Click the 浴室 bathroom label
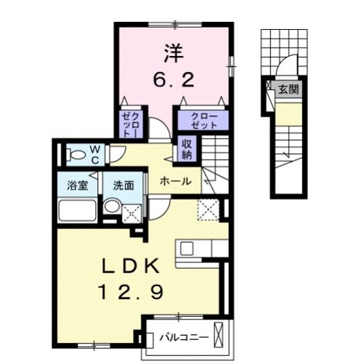(78, 185)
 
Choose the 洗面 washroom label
(124, 185)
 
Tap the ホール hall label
(176, 181)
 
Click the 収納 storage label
(186, 148)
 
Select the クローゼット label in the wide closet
(200, 118)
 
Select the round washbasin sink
(111, 208)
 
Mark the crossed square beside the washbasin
(132, 214)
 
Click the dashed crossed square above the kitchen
(209, 210)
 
